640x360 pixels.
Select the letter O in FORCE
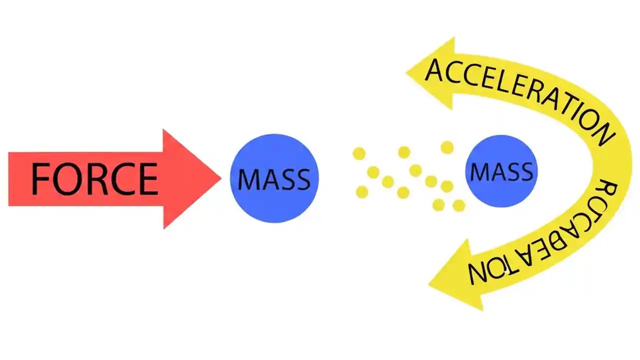(68, 179)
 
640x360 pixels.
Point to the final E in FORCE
(148, 179)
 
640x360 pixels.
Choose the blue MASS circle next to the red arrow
(274, 178)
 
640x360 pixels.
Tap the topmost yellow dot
(447, 147)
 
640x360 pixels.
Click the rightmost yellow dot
(458, 205)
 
